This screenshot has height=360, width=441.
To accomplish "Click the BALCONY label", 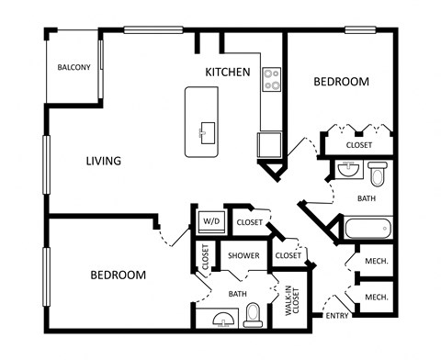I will pos(73,67).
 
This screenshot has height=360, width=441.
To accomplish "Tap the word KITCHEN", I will pos(227,72).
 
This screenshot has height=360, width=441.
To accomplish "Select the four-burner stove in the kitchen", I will pos(271,80).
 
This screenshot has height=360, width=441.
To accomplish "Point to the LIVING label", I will pos(104,162).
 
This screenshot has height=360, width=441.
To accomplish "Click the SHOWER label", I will pos(243,255).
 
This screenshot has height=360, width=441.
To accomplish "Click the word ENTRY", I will pos(337,317).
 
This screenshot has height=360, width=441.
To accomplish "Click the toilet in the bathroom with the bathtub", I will pos(378,173).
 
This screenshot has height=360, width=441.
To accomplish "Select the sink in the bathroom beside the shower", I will pos(220,320).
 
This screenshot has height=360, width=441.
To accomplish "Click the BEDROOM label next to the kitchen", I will pos(341,82).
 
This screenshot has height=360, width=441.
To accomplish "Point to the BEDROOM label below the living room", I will pos(118,275).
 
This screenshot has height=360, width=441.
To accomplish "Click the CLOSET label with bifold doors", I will pos(358,145).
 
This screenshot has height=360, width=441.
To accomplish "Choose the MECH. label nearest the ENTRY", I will pos(375,298).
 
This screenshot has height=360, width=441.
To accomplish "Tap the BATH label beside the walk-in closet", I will pos(237,294).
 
